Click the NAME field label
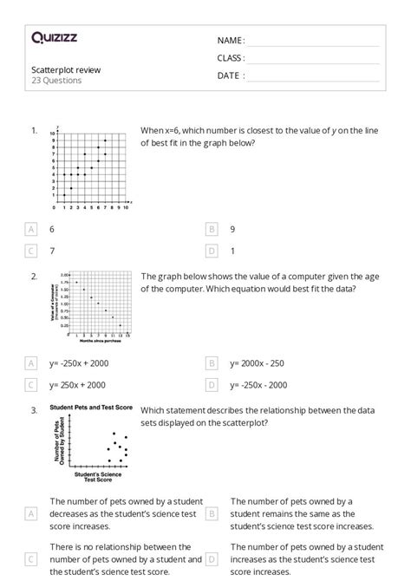point(231,41)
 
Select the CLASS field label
point(231,58)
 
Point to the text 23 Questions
point(56,81)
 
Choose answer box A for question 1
point(32,229)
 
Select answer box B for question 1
point(211,229)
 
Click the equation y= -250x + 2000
point(79,363)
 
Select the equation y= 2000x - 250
point(258,363)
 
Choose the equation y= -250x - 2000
point(259,384)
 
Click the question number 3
point(34,410)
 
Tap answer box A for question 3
point(32,513)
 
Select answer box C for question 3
point(32,559)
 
